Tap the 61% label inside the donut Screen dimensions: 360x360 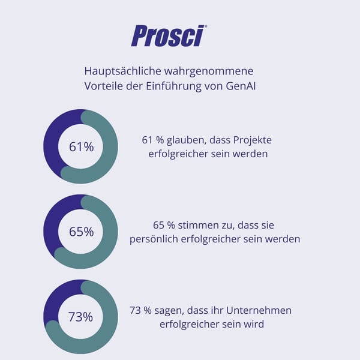(x=81, y=146)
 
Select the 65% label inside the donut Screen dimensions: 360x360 (x=81, y=232)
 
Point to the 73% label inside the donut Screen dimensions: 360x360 (x=80, y=317)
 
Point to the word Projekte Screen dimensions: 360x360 (x=251, y=140)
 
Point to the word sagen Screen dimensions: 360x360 (x=173, y=310)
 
